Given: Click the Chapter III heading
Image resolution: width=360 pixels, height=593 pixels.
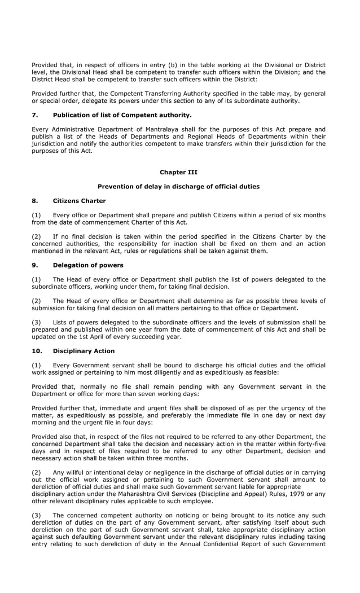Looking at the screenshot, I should pos(178,172).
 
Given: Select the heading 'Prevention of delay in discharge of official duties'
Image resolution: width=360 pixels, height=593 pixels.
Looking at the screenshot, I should pos(178,187).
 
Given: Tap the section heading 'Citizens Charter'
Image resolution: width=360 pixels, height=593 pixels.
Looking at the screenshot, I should pos(79,201).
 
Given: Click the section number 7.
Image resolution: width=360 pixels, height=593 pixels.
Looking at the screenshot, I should pos(34,115).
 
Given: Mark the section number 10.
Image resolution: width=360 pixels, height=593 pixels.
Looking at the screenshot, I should pos(37,351).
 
